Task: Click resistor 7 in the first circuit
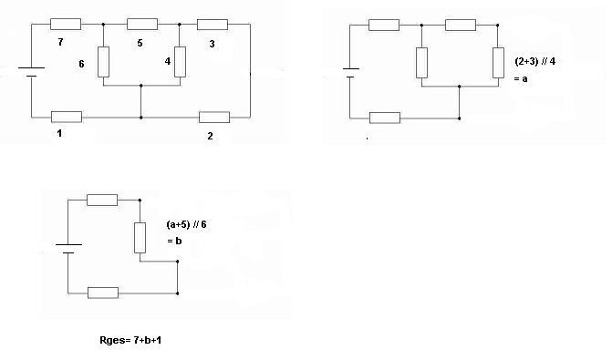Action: tap(66, 25)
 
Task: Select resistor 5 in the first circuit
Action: tap(142, 25)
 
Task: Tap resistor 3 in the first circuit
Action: tap(213, 25)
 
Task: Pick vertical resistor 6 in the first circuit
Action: tap(103, 62)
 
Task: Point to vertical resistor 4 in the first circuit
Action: tap(180, 62)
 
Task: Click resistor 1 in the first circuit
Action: tap(67, 117)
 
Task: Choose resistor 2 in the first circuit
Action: tap(214, 117)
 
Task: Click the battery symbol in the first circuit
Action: tap(31, 72)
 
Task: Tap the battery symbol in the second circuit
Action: tap(350, 73)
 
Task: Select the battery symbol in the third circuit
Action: tap(68, 249)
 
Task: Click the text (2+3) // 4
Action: tap(534, 61)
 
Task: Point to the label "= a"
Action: tap(521, 78)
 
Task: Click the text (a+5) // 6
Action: tap(186, 225)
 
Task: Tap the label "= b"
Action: tap(174, 241)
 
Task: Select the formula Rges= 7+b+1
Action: tap(130, 340)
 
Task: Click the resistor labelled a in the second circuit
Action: tap(498, 63)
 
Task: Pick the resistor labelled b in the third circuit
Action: tap(140, 238)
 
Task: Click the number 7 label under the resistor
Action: tap(60, 42)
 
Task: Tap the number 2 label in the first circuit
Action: tap(210, 136)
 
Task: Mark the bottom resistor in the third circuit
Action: tap(103, 293)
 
